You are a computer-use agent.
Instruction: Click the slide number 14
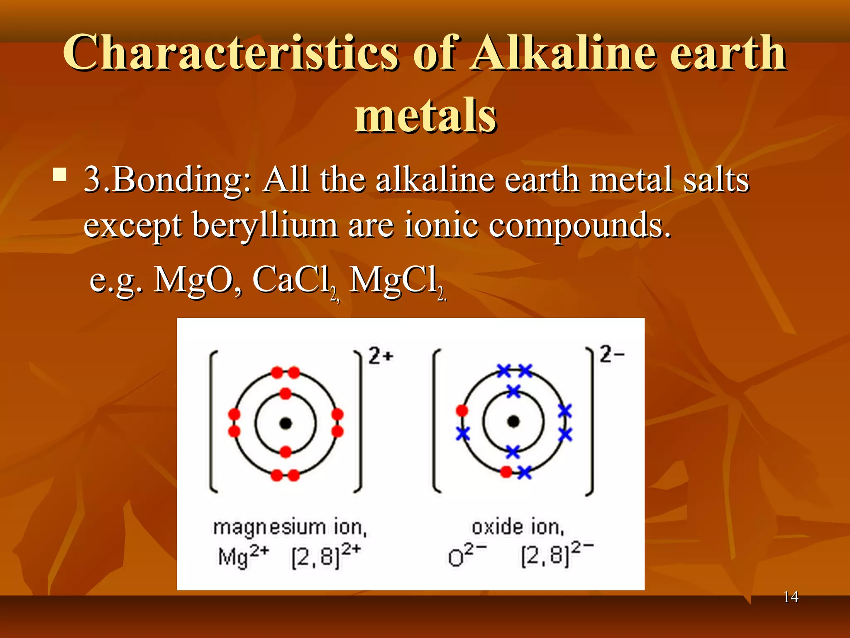pyautogui.click(x=791, y=597)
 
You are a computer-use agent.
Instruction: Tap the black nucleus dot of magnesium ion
pyautogui.click(x=286, y=423)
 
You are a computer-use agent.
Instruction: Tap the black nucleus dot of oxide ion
pyautogui.click(x=513, y=422)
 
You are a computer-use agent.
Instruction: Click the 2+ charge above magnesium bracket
pyautogui.click(x=381, y=356)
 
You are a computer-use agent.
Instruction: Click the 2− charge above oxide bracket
pyautogui.click(x=612, y=354)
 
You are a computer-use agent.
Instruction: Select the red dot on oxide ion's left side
pyautogui.click(x=462, y=411)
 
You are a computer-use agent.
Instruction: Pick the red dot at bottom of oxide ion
pyautogui.click(x=506, y=472)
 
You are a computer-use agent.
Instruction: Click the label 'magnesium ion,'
pyautogui.click(x=290, y=528)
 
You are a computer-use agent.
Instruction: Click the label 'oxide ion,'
pyautogui.click(x=518, y=528)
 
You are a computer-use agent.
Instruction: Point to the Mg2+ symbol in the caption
pyautogui.click(x=243, y=556)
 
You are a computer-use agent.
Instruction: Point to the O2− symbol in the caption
pyautogui.click(x=467, y=556)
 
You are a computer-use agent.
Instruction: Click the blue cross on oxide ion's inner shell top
pyautogui.click(x=513, y=391)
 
